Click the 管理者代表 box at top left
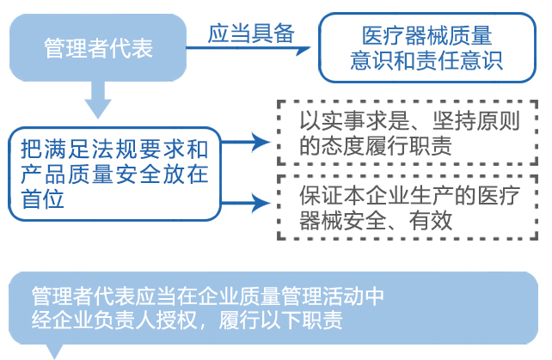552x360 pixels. pyautogui.click(x=98, y=47)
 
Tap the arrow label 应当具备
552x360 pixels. pyautogui.click(x=251, y=34)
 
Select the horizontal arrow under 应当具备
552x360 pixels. pyautogui.click(x=248, y=49)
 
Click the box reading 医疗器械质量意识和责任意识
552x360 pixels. pyautogui.click(x=427, y=48)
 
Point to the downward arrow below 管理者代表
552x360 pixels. pyautogui.click(x=98, y=100)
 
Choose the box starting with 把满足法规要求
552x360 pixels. pyautogui.click(x=114, y=174)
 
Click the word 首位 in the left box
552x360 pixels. pyautogui.click(x=42, y=198)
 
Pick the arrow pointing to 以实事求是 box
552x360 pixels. pyautogui.click(x=246, y=142)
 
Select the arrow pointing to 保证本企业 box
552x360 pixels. pyautogui.click(x=246, y=203)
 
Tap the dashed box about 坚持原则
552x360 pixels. pyautogui.click(x=408, y=132)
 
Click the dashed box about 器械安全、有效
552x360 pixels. pyautogui.click(x=408, y=208)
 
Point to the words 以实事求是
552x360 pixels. pyautogui.click(x=354, y=120)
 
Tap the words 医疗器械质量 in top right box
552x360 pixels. pyautogui.click(x=427, y=35)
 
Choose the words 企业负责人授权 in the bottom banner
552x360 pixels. pyautogui.click(x=125, y=320)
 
